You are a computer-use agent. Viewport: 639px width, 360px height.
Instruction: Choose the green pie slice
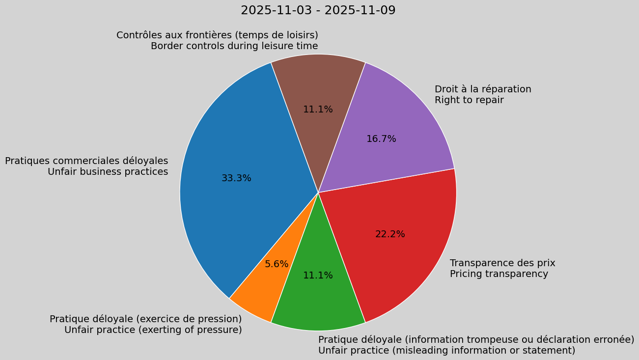(318, 300)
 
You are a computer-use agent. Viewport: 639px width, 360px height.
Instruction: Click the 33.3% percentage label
(236, 178)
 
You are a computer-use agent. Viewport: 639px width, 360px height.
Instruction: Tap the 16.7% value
(381, 139)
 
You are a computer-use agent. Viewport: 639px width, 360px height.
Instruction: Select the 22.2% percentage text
(390, 234)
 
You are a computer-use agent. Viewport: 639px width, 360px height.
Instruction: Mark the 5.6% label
(277, 264)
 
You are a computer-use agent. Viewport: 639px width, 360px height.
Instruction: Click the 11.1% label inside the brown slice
(318, 110)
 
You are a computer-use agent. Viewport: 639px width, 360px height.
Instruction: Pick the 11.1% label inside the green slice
(318, 276)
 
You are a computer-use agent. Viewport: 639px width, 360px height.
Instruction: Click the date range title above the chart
(318, 10)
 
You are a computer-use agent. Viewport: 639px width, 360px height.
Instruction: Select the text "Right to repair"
(469, 100)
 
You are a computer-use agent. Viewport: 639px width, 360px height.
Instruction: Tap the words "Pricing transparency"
(499, 274)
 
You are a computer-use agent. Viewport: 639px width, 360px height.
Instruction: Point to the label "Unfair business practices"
(108, 172)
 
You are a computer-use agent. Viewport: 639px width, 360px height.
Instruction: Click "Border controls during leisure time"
(234, 46)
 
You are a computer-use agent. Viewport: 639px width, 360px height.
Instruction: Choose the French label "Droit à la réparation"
(483, 89)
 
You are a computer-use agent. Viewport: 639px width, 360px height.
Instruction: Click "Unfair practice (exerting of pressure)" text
(153, 330)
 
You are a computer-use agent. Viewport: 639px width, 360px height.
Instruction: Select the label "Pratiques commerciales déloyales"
(86, 161)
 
